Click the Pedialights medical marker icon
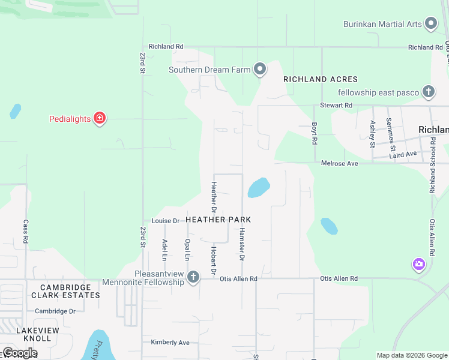pyautogui.click(x=100, y=118)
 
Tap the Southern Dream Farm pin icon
pyautogui.click(x=259, y=70)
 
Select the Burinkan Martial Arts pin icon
pyautogui.click(x=430, y=24)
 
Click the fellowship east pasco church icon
pyautogui.click(x=428, y=92)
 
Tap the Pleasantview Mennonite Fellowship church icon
pyautogui.click(x=193, y=277)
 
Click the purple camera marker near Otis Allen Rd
pyautogui.click(x=418, y=264)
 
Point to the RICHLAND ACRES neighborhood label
pyautogui.click(x=321, y=79)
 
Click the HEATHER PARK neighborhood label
pyautogui.click(x=218, y=220)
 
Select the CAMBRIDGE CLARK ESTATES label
pyautogui.click(x=65, y=292)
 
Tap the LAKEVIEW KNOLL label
pyautogui.click(x=38, y=335)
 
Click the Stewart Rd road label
pyautogui.click(x=336, y=105)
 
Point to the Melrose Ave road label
pyautogui.click(x=339, y=163)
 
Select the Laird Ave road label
pyautogui.click(x=403, y=154)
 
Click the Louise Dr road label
pyautogui.click(x=166, y=221)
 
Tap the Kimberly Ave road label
pyautogui.click(x=170, y=343)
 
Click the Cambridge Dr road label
pyautogui.click(x=55, y=311)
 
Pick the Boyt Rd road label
pyautogui.click(x=314, y=133)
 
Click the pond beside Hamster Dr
pyautogui.click(x=258, y=188)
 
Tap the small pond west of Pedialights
pyautogui.click(x=15, y=112)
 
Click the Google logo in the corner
pyautogui.click(x=20, y=353)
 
